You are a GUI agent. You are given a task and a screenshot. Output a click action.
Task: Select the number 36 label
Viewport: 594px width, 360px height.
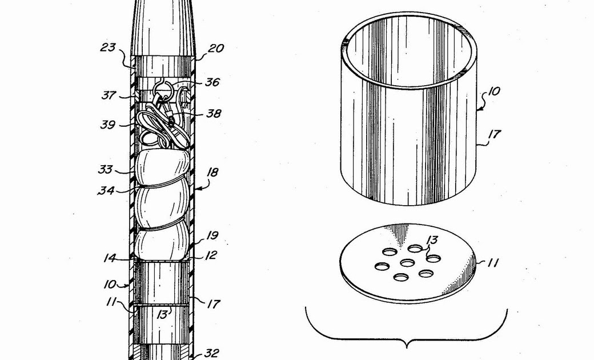[212, 82]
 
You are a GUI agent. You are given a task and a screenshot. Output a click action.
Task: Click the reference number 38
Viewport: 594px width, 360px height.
[214, 114]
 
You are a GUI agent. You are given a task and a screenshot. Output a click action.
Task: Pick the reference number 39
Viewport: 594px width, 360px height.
[107, 125]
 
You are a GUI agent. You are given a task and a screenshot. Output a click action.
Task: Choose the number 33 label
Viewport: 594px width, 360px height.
[106, 169]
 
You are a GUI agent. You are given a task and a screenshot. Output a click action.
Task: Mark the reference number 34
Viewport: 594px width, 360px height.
[106, 190]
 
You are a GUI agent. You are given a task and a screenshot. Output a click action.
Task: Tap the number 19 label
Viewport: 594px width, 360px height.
[212, 235]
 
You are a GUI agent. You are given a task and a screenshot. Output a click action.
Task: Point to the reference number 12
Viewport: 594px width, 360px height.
[211, 255]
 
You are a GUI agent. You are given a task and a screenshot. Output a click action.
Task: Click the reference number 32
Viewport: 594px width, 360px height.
[211, 353]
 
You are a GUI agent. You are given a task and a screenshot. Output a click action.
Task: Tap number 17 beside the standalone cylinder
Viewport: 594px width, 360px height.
[494, 134]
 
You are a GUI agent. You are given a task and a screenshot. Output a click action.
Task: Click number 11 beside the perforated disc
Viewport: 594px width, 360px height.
[492, 263]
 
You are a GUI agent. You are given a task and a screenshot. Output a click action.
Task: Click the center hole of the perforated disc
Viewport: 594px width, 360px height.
[407, 262]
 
